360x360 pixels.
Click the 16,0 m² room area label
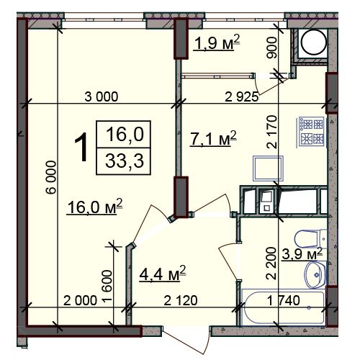point(95,207)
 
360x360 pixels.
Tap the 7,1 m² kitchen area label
point(213,138)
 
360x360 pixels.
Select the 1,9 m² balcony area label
point(217,42)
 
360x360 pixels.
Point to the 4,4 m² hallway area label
point(163,273)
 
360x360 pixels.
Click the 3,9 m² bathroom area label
point(302,253)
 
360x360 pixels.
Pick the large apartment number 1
point(81,148)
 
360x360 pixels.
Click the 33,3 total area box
point(124,161)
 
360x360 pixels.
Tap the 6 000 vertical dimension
point(52,177)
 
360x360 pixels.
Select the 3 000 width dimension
point(102,96)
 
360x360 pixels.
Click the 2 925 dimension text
point(241,97)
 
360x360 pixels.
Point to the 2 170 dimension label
point(272,132)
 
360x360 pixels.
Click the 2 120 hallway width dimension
point(181,300)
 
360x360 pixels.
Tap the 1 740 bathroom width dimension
point(284,300)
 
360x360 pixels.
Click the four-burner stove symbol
point(312,132)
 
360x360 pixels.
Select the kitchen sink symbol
point(268,168)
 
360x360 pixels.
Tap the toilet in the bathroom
point(310,238)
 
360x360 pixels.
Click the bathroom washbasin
point(315,275)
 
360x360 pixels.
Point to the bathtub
point(284,307)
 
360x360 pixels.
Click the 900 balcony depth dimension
point(272,48)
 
